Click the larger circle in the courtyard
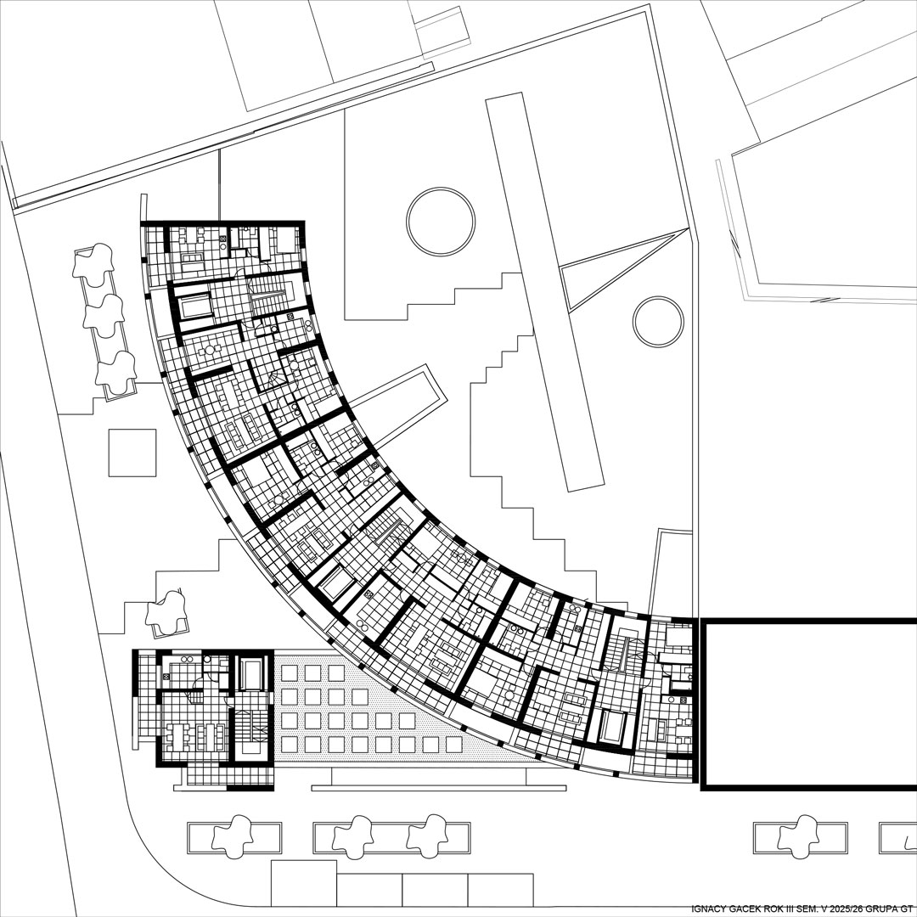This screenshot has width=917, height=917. click(441, 188)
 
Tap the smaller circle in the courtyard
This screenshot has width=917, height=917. click(658, 297)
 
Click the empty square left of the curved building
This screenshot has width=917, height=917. click(132, 453)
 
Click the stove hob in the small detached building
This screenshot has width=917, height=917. click(166, 677)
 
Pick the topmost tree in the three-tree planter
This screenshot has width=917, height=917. click(93, 262)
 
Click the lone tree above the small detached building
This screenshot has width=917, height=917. click(168, 610)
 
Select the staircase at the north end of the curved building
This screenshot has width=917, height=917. click(272, 291)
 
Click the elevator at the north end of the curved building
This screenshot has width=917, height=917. click(194, 306)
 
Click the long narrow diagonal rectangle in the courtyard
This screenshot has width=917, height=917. click(545, 290)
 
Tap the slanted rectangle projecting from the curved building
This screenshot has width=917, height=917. click(398, 403)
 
